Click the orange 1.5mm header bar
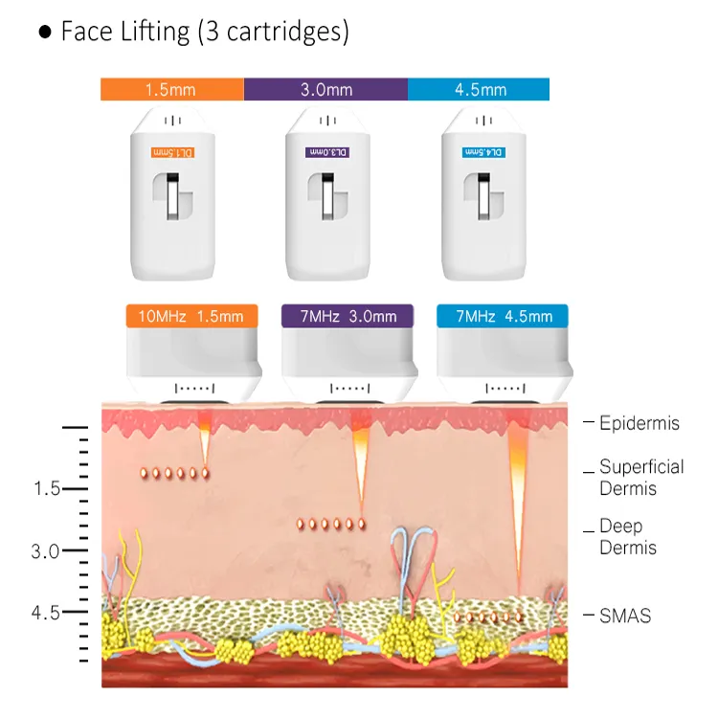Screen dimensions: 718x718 coord(172,90)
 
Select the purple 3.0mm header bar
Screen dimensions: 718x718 coord(325,90)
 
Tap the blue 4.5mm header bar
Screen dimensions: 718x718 coord(479,90)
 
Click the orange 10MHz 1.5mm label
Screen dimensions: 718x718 coord(191,317)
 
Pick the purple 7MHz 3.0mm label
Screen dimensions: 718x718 coord(347,317)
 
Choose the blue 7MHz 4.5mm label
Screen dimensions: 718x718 coord(502,317)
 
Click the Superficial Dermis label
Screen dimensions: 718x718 coord(640,478)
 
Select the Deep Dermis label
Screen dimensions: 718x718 coord(627,537)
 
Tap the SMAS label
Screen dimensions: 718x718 coord(624,617)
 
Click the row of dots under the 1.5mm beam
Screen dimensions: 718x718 coord(174,473)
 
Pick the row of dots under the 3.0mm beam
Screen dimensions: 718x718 coord(331,524)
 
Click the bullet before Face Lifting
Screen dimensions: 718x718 coord(45,32)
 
